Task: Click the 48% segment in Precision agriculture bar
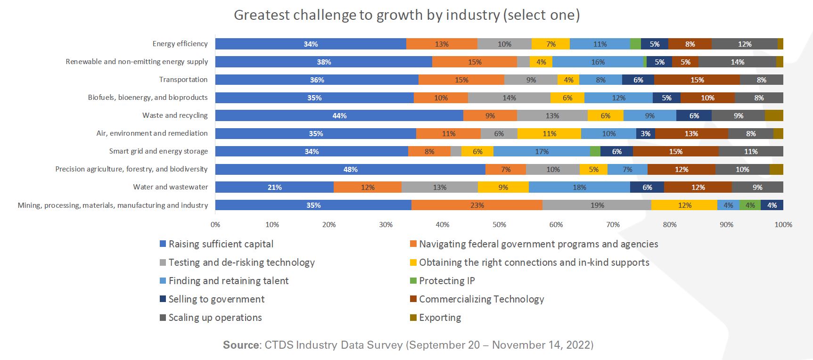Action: click(350, 170)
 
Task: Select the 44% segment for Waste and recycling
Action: click(339, 116)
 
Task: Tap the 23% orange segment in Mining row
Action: click(476, 205)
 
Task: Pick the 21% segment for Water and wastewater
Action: click(274, 188)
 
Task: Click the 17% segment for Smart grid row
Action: click(542, 152)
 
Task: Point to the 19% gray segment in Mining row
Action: click(597, 205)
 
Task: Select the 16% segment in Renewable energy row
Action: click(598, 62)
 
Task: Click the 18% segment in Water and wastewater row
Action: click(579, 188)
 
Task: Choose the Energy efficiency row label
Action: click(180, 44)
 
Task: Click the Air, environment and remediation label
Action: click(152, 133)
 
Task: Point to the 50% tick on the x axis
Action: click(499, 225)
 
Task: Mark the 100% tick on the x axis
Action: click(783, 225)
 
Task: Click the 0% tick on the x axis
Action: click(215, 225)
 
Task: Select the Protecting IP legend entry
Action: click(446, 281)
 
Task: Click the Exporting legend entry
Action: click(440, 318)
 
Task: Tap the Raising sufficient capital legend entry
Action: click(221, 244)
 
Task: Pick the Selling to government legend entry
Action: click(216, 299)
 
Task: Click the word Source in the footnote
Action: click(241, 345)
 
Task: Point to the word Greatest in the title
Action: click(262, 15)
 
